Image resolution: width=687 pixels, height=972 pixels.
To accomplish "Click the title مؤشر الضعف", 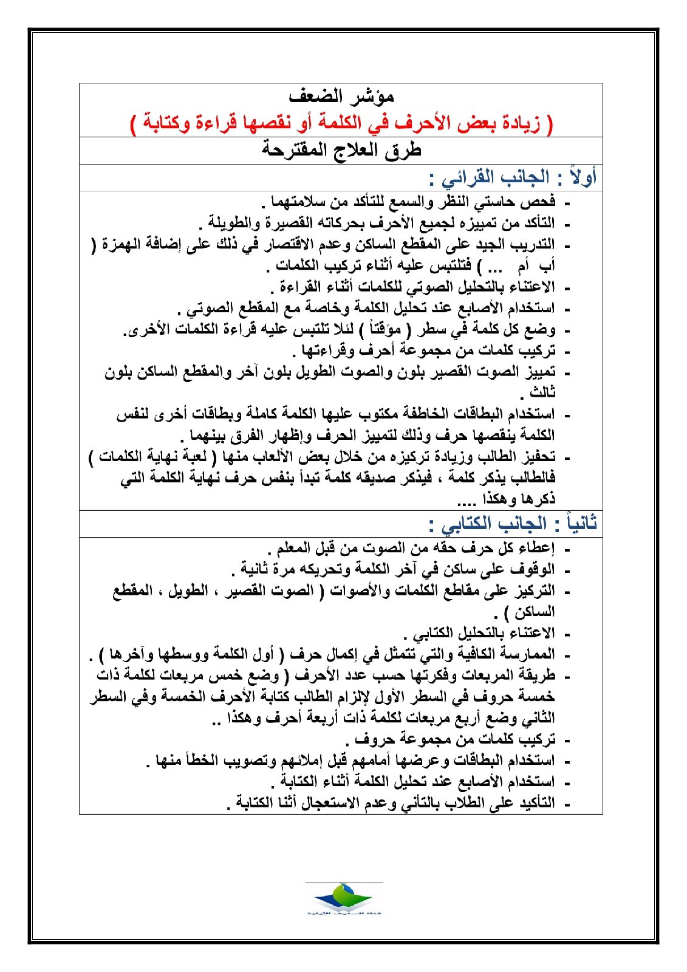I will point(341,97).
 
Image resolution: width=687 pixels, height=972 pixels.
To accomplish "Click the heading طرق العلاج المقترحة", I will point(341,150).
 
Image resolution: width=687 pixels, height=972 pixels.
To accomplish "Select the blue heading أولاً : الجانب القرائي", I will point(513,178).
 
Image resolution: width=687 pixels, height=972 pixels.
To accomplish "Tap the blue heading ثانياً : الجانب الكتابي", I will point(513,524).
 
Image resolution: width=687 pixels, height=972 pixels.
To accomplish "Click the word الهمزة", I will point(122,244).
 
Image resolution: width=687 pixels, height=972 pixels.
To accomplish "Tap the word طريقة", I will point(537,676).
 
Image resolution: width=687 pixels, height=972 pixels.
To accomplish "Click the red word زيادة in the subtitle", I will point(522,124).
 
